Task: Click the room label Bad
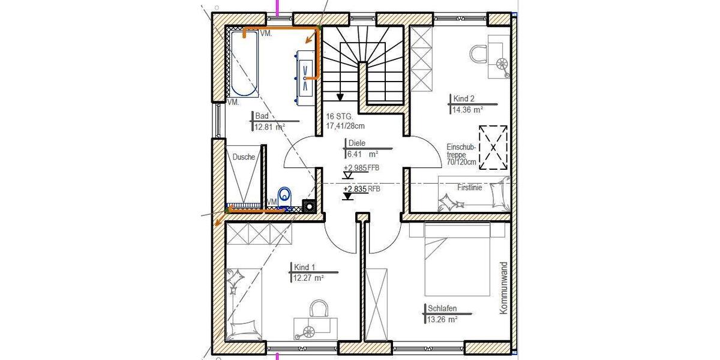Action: tap(262, 116)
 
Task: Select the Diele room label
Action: tap(356, 143)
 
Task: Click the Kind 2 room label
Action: tap(460, 98)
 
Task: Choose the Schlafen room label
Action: tap(442, 308)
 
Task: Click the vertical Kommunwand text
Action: tap(503, 288)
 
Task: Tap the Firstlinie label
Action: tap(469, 187)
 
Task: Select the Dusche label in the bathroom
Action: tap(244, 157)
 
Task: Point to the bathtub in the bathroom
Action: tap(244, 64)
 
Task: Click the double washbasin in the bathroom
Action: tap(306, 73)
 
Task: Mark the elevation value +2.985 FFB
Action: tap(361, 168)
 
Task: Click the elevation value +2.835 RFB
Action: tap(361, 188)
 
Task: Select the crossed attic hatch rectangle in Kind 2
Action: tap(493, 146)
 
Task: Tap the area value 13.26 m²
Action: tap(443, 319)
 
